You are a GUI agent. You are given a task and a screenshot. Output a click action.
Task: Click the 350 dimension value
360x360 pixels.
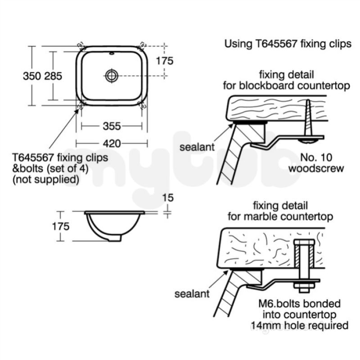click(32, 76)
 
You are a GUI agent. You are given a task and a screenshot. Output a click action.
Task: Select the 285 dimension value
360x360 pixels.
click(53, 76)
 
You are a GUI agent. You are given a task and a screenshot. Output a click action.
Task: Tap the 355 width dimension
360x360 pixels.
click(112, 126)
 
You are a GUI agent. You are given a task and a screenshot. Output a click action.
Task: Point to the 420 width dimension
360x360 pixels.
click(112, 144)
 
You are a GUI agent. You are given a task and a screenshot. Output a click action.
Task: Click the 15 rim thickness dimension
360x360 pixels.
click(168, 198)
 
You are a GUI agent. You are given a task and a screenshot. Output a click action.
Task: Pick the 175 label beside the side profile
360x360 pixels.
click(61, 227)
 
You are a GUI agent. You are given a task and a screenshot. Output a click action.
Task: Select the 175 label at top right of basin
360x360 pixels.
click(165, 61)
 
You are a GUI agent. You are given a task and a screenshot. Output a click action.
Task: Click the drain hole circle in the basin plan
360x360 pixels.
click(112, 76)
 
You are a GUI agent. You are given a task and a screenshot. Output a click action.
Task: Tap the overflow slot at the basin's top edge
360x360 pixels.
click(112, 54)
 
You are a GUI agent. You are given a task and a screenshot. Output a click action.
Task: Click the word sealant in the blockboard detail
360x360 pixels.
click(197, 147)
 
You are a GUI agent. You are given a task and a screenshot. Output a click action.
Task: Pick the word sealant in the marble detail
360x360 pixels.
click(192, 294)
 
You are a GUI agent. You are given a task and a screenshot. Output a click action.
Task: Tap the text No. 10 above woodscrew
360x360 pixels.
click(316, 157)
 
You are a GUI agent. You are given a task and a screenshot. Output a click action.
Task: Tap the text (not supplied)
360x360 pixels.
click(46, 179)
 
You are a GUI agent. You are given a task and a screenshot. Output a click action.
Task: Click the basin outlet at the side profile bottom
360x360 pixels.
click(115, 238)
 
